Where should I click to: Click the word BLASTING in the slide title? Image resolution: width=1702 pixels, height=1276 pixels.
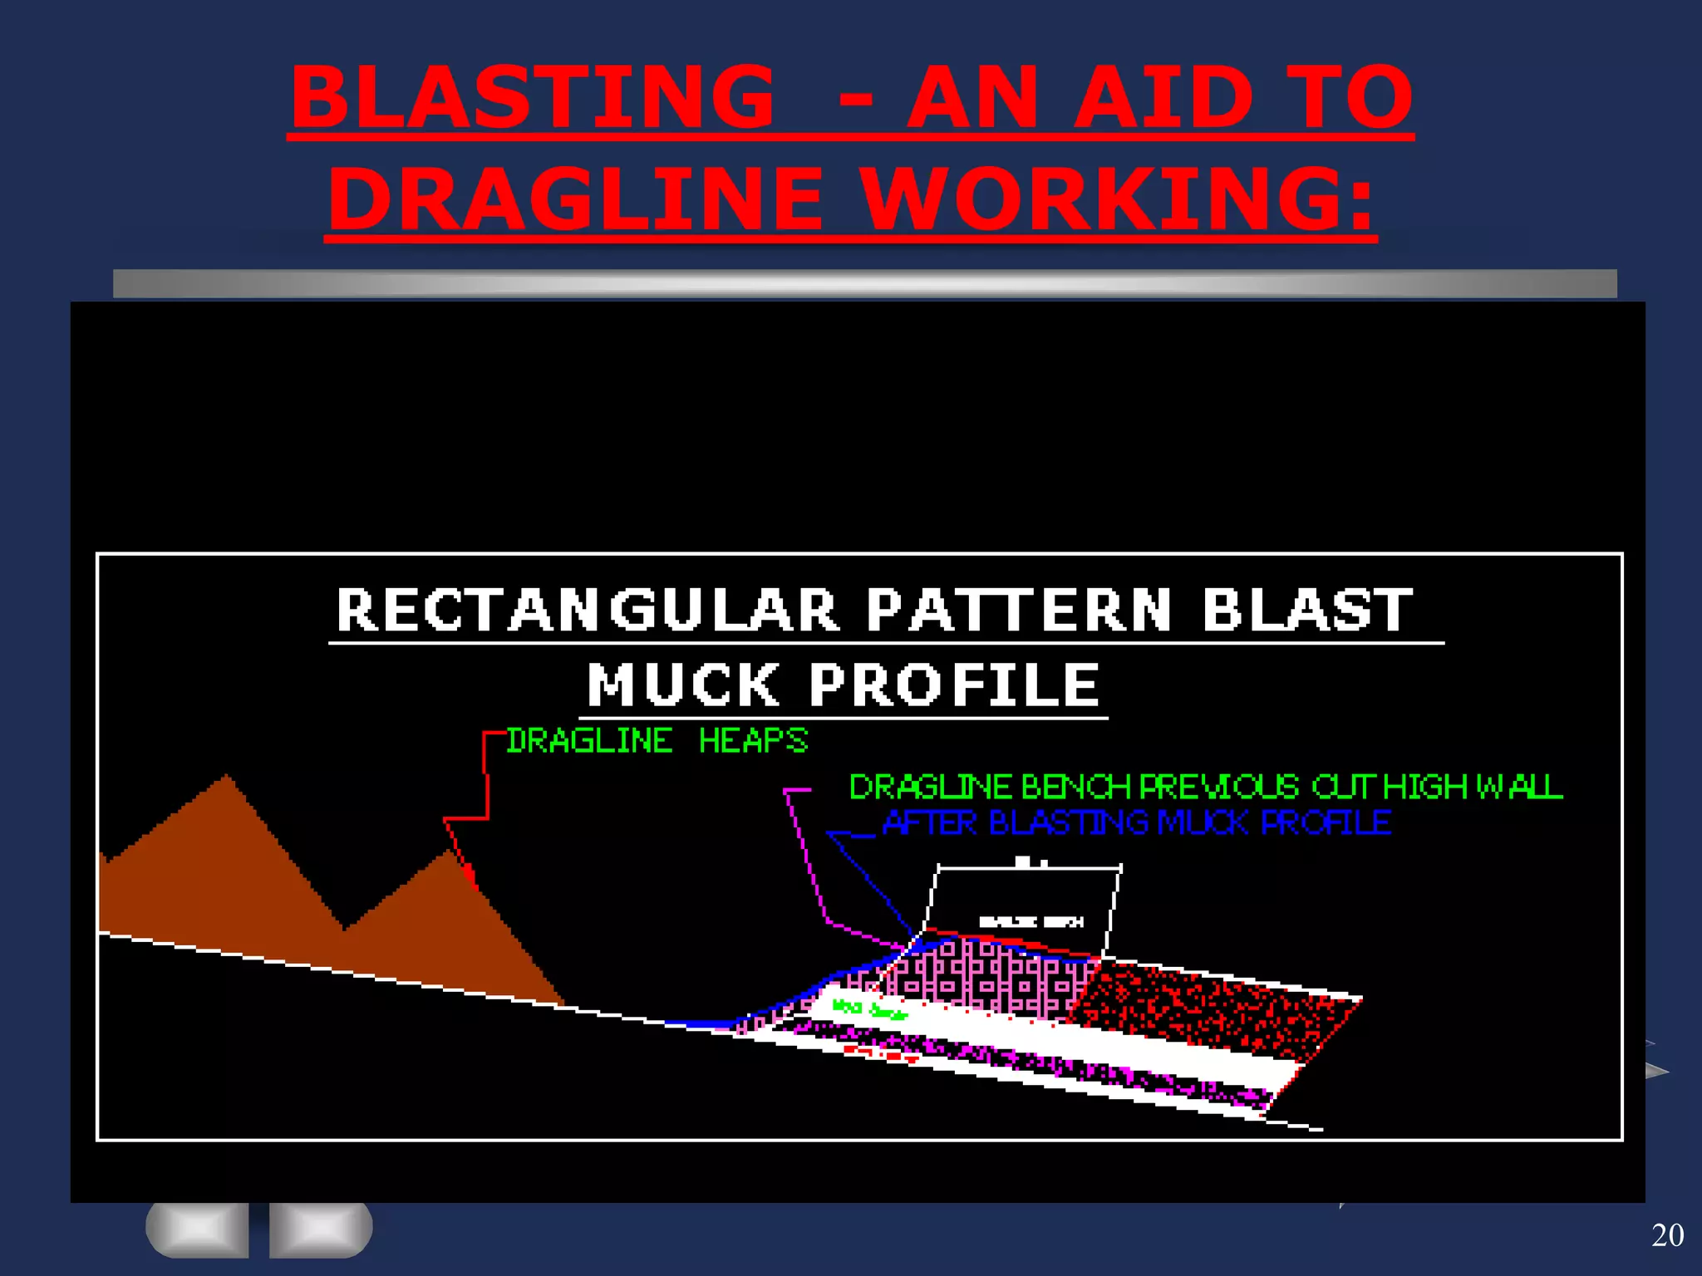tap(533, 98)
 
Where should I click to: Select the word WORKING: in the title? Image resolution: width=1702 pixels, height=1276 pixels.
tap(1117, 199)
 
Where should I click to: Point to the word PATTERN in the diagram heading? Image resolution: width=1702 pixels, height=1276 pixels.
tap(1019, 611)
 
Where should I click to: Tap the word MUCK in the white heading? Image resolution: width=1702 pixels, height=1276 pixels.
tap(683, 685)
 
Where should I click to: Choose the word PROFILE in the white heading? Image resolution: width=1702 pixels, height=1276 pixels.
tap(955, 685)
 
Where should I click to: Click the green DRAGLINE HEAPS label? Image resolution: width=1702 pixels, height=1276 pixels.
tap(657, 740)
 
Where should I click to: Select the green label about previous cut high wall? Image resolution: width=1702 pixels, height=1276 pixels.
tap(1205, 787)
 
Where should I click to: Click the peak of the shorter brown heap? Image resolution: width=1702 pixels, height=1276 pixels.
tap(446, 854)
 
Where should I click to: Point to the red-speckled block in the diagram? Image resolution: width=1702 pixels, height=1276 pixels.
tap(1213, 1009)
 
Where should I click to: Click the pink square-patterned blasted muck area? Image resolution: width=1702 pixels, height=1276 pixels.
tap(989, 972)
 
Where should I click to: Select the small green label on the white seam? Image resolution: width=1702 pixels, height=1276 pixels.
tap(868, 1009)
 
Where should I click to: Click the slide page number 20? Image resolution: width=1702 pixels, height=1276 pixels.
tap(1667, 1235)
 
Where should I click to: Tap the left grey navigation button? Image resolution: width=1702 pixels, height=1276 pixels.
tap(198, 1228)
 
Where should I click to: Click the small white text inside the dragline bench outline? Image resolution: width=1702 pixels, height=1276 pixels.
tap(1031, 921)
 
